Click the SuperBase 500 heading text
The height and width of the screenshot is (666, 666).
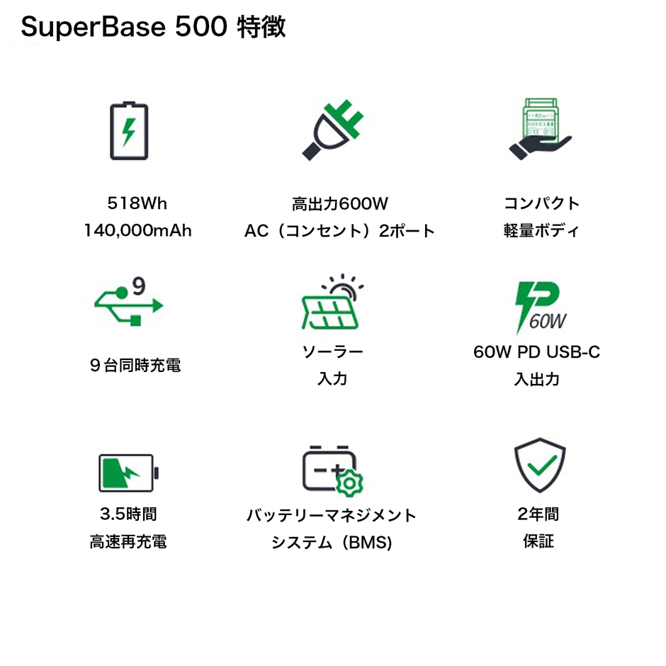pyautogui.click(x=153, y=28)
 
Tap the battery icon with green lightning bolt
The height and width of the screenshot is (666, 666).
pyautogui.click(x=129, y=131)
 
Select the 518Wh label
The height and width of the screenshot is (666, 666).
pyautogui.click(x=137, y=203)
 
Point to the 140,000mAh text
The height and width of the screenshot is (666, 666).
pyautogui.click(x=137, y=231)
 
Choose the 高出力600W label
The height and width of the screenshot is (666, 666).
pyautogui.click(x=339, y=204)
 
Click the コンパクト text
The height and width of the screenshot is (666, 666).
pyautogui.click(x=541, y=204)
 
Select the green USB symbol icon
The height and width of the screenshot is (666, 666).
pyautogui.click(x=128, y=305)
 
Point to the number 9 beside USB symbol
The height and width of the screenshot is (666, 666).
pyautogui.click(x=139, y=286)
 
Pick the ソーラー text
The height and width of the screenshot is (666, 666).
pyautogui.click(x=332, y=351)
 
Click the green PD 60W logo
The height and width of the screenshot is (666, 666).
pyautogui.click(x=540, y=306)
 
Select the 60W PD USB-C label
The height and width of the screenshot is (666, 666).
pyautogui.click(x=536, y=351)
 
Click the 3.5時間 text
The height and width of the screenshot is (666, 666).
pyautogui.click(x=128, y=514)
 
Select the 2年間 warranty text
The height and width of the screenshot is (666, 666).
pyautogui.click(x=538, y=514)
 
